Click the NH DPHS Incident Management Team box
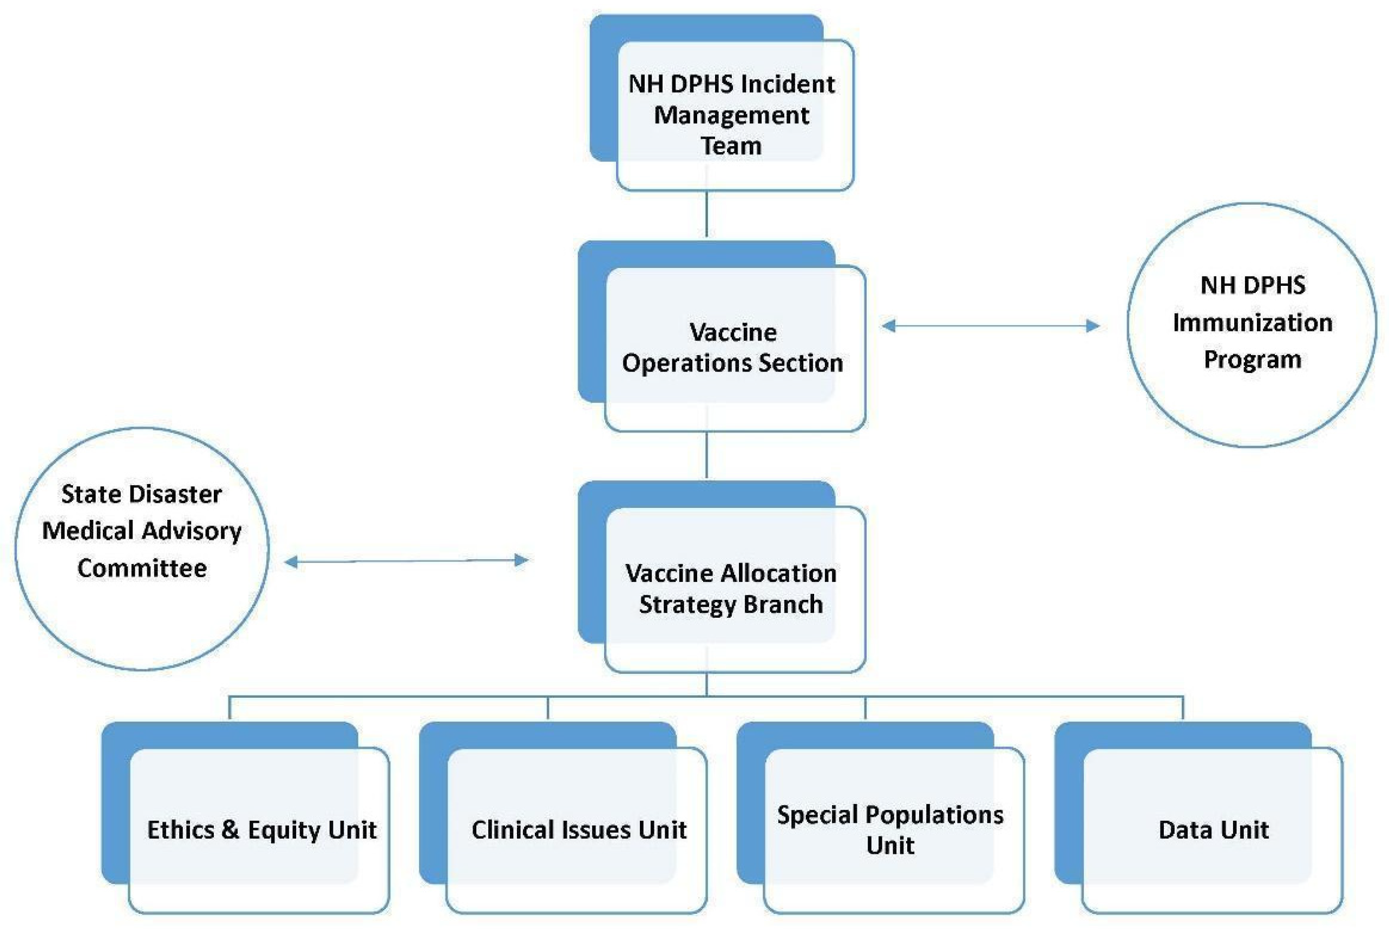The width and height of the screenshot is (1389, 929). (731, 114)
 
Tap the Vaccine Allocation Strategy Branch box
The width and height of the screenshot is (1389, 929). (731, 588)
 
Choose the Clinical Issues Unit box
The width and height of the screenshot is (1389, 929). (578, 829)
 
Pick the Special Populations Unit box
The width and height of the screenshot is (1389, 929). (890, 829)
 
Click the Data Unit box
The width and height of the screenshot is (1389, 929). (1213, 829)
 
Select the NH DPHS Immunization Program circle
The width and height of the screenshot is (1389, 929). (1252, 325)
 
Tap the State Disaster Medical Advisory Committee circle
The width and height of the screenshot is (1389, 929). (142, 548)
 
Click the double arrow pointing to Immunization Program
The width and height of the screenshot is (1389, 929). (991, 325)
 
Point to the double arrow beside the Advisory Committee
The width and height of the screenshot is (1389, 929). (407, 560)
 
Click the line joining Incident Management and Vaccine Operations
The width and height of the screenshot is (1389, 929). (706, 213)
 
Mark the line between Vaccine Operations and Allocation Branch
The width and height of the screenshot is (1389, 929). (706, 455)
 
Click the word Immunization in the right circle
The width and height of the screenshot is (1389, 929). (1252, 323)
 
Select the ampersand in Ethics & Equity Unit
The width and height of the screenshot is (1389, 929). (231, 829)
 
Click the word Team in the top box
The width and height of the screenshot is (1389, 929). (731, 146)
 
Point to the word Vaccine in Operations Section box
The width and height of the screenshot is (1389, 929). (733, 332)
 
